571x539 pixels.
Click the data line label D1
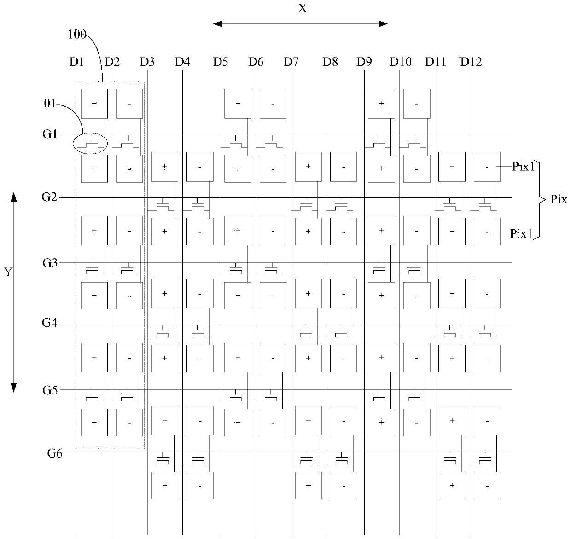(x=76, y=62)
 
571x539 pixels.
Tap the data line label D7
(x=291, y=62)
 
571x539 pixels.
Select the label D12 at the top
(x=471, y=62)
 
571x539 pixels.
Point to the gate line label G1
(x=50, y=135)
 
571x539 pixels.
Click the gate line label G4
(x=50, y=323)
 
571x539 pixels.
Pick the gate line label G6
(x=55, y=453)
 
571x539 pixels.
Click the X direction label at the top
(x=302, y=8)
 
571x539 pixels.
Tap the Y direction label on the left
(x=8, y=272)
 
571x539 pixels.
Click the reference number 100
(x=76, y=35)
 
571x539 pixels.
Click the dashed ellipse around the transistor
(x=91, y=143)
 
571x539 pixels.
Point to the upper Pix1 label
(x=523, y=167)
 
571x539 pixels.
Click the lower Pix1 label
(x=521, y=234)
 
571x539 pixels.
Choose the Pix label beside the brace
(x=559, y=199)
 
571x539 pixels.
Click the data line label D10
(x=400, y=62)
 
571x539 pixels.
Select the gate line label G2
(x=50, y=197)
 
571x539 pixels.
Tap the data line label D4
(x=182, y=62)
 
